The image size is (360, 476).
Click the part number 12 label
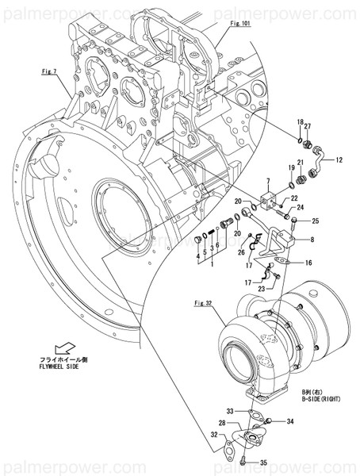pos(339,160)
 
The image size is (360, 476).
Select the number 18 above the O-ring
pos(300,121)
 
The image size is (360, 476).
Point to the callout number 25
pos(315,221)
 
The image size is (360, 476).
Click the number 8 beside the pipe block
pos(312,239)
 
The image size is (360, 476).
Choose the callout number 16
pos(308,262)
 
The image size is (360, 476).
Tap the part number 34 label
pos(290,422)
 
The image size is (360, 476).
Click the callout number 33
pos(230,410)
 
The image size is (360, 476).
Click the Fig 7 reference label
pos(50,71)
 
